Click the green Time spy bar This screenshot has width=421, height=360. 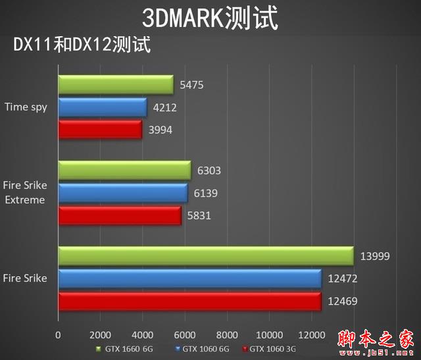pos(116,86)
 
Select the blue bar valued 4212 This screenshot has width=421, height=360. pos(103,107)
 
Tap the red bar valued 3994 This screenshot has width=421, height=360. pos(100,130)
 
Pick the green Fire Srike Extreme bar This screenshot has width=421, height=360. pos(124,171)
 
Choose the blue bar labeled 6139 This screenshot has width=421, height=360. pos(123,193)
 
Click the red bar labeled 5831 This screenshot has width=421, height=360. pos(120,215)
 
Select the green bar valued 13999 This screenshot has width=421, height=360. pos(206,256)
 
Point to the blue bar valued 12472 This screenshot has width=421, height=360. pos(190,278)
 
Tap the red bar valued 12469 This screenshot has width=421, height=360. pos(190,301)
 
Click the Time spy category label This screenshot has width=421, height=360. pos(26,107)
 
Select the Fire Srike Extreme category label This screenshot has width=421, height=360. pos(26,193)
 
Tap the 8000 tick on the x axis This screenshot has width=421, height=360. pos(227,334)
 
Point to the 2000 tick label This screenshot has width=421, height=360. pos(101,334)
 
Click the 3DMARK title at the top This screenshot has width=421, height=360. pos(210,18)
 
